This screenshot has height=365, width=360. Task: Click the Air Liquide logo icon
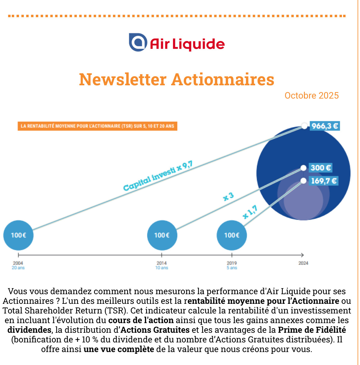pyautogui.click(x=138, y=42)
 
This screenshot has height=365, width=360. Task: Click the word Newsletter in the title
pyautogui.click(x=123, y=80)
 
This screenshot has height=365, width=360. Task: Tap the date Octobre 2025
pyautogui.click(x=311, y=96)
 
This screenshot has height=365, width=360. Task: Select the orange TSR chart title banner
pyautogui.click(x=97, y=126)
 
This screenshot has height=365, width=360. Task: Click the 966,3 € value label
pyautogui.click(x=324, y=126)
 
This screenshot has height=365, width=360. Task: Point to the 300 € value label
pyautogui.click(x=321, y=168)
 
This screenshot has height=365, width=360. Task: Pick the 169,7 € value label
pyautogui.click(x=323, y=181)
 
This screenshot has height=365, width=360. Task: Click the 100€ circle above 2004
pyautogui.click(x=18, y=235)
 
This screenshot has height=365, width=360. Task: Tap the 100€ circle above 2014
pyautogui.click(x=162, y=235)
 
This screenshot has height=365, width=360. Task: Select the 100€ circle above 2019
pyautogui.click(x=232, y=235)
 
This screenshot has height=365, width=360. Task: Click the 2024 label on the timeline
pyautogui.click(x=303, y=263)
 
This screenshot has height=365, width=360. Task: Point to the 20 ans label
pyautogui.click(x=18, y=268)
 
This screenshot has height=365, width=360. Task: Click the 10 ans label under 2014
pyautogui.click(x=162, y=268)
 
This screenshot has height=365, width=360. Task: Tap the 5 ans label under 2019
pyautogui.click(x=232, y=268)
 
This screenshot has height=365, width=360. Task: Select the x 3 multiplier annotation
pyautogui.click(x=228, y=197)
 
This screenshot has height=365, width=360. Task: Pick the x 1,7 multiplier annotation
pyautogui.click(x=250, y=212)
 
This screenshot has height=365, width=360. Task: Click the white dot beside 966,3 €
pyautogui.click(x=305, y=126)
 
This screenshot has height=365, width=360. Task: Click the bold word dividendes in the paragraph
pyautogui.click(x=29, y=330)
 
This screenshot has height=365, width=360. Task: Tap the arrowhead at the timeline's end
pyautogui.click(x=302, y=255)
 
